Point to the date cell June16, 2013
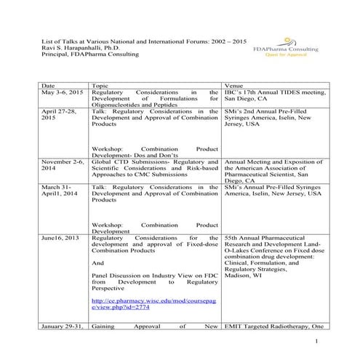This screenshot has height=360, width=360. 59,238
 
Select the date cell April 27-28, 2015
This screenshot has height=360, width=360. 59,114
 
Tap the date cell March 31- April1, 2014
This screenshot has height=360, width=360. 59,191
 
